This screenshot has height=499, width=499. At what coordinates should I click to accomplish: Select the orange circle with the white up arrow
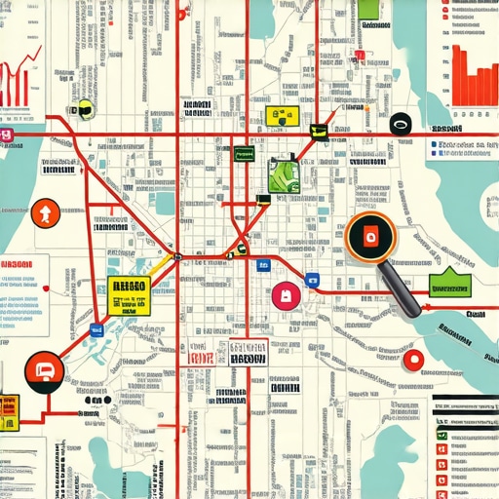click(x=45, y=212)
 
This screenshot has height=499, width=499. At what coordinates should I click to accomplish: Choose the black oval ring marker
click(x=399, y=124)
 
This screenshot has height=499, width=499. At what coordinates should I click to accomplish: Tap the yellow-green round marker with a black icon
click(x=85, y=108)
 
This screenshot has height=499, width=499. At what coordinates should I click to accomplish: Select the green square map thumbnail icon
click(x=283, y=175)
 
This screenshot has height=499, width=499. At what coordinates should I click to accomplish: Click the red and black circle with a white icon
click(x=45, y=369)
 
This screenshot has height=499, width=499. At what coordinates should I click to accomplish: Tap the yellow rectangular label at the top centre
click(x=279, y=116)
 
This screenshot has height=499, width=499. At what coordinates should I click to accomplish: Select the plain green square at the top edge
click(x=368, y=9)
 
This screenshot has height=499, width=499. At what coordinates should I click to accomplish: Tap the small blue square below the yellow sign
click(x=96, y=331)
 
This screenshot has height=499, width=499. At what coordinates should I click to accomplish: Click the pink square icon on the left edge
click(x=5, y=135)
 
